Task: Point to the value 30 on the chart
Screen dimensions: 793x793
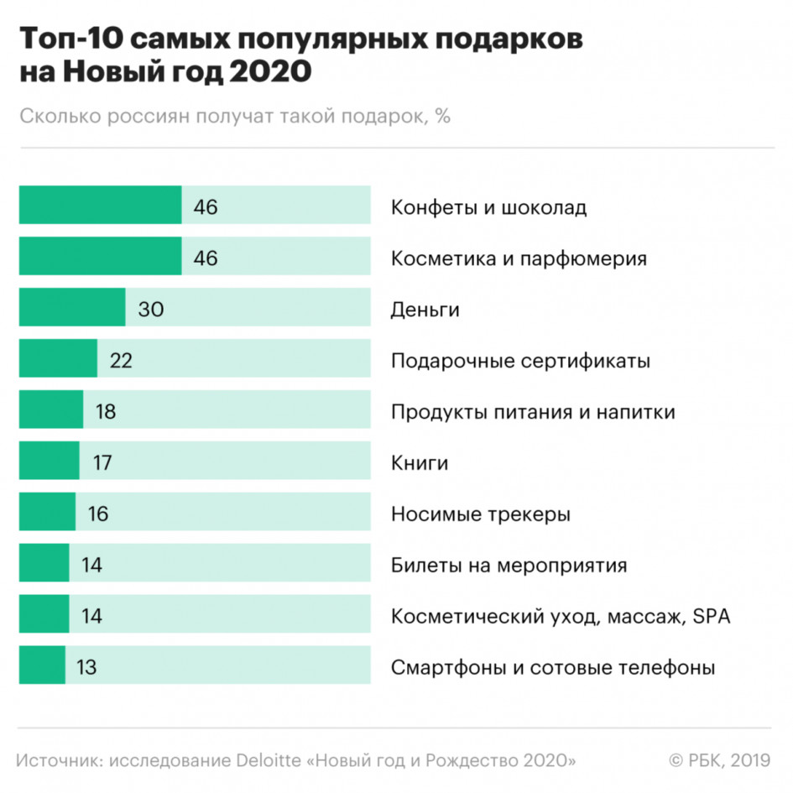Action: click(x=151, y=310)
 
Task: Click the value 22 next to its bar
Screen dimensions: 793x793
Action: click(x=121, y=361)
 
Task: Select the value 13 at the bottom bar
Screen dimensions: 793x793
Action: click(x=86, y=668)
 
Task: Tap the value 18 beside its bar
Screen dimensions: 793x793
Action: click(x=105, y=412)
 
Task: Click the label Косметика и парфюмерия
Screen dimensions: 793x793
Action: click(x=519, y=258)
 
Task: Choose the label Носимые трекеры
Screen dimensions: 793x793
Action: click(x=481, y=514)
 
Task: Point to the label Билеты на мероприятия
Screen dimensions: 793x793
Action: click(x=509, y=566)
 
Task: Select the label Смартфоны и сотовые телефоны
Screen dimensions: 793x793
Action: click(x=553, y=668)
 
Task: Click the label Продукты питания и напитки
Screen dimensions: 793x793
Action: click(x=533, y=412)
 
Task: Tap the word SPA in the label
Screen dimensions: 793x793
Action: click(x=712, y=617)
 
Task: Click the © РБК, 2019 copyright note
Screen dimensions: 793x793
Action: click(x=719, y=760)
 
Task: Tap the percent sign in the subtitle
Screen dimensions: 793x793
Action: click(x=443, y=116)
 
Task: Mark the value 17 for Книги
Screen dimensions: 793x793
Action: click(x=102, y=463)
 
